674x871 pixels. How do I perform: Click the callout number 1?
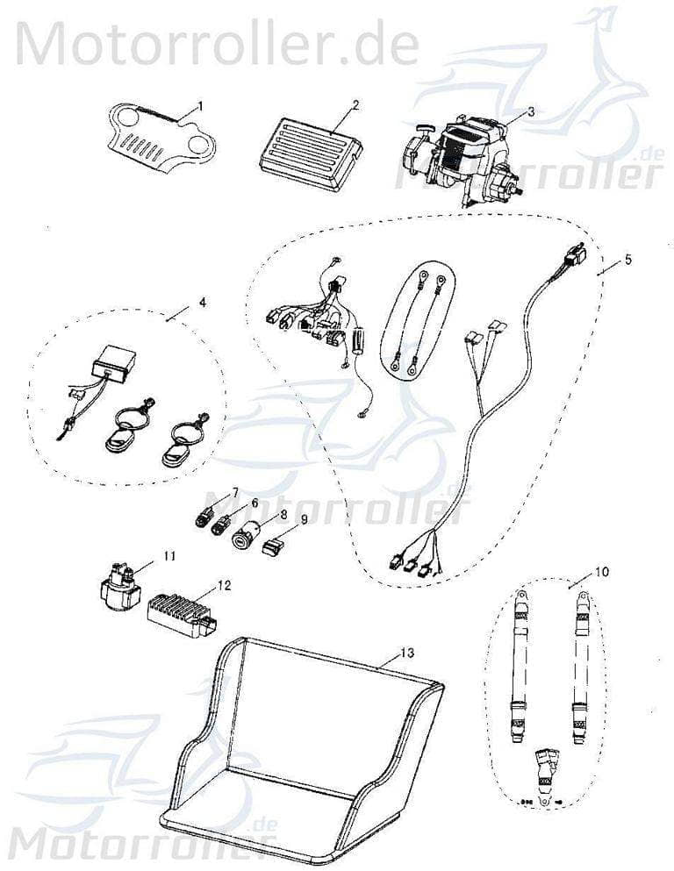tap(199, 105)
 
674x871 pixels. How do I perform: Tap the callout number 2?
tap(355, 104)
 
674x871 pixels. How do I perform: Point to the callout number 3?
tap(530, 111)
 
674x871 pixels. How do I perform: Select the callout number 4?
tap(202, 303)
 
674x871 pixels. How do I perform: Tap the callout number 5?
tap(628, 260)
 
